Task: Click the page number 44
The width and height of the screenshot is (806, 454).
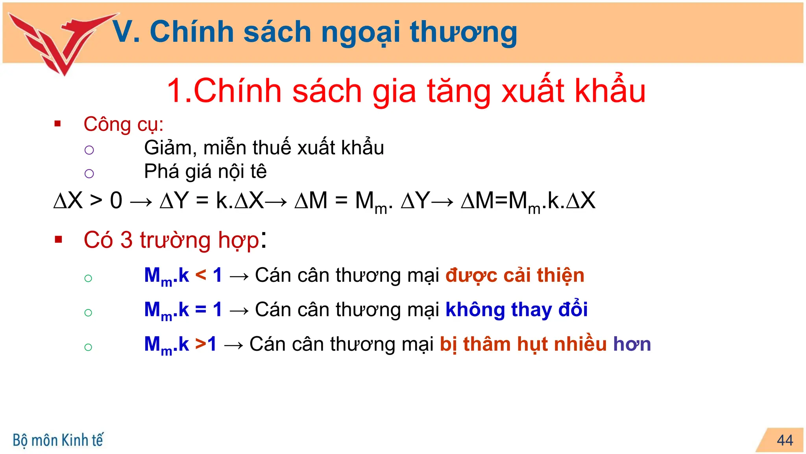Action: coord(785,440)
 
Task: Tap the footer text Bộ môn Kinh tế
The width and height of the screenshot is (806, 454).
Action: coord(58,440)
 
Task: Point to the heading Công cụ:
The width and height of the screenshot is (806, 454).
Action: coord(123,125)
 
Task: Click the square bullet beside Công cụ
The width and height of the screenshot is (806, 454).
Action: coord(58,124)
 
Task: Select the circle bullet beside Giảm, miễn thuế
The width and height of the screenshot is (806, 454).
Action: coord(89,150)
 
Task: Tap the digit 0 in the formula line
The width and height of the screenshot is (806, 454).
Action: coord(116,201)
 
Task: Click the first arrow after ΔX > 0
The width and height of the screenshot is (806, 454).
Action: coord(141,202)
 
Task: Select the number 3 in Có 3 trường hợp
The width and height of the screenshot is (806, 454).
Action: coord(126,240)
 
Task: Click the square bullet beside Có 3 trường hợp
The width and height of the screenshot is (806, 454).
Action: coord(59,239)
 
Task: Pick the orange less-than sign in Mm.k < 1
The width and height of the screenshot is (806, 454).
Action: coord(201,275)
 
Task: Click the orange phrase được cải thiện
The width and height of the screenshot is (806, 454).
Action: coord(515,275)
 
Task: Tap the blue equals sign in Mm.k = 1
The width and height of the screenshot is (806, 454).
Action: coord(201,309)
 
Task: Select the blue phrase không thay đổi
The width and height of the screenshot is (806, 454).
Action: coord(516,309)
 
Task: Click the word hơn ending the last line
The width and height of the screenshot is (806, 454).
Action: coord(632,344)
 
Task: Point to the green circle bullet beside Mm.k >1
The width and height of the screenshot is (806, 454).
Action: coord(88,347)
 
